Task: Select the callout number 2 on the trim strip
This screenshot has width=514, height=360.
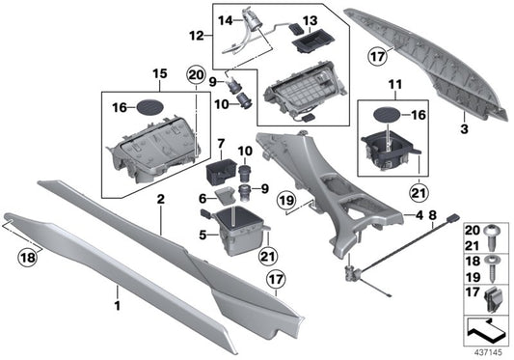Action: pyautogui.click(x=161, y=200)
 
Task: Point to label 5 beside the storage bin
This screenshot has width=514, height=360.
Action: pyautogui.click(x=203, y=233)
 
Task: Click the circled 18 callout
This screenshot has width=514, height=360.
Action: pyautogui.click(x=25, y=258)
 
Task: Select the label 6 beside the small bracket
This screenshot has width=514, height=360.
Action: pyautogui.click(x=203, y=198)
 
